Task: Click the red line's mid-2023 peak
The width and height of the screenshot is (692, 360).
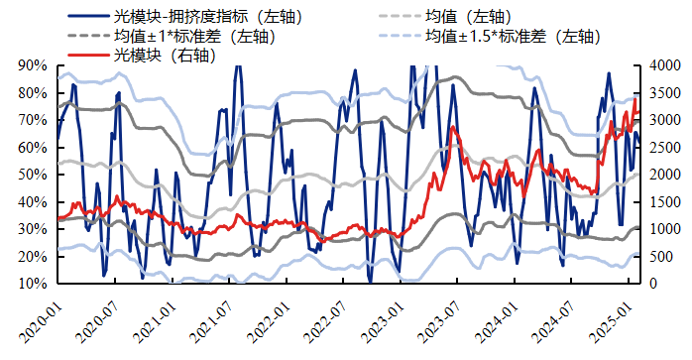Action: pyautogui.click(x=453, y=127)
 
